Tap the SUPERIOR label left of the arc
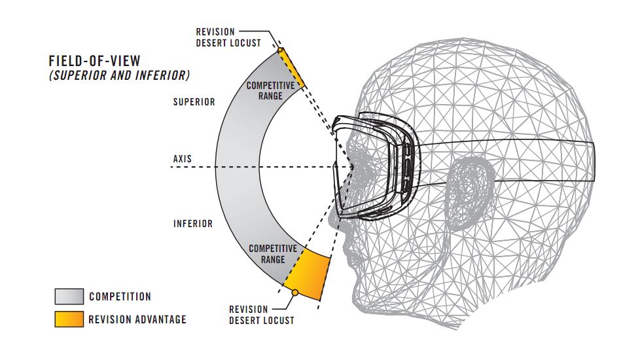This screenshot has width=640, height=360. click(x=194, y=102)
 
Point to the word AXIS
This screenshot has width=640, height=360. click(x=184, y=159)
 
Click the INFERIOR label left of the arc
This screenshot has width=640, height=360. click(x=193, y=224)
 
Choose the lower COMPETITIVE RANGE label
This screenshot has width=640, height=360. click(x=273, y=254)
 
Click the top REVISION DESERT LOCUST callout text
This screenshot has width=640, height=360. click(x=228, y=37)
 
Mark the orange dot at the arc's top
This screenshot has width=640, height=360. click(x=280, y=50)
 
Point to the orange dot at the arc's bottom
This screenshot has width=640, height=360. click(x=295, y=293)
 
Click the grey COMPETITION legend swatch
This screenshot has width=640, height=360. click(x=69, y=297)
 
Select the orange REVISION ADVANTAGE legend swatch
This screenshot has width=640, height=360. click(x=69, y=319)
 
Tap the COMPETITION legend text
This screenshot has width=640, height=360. click(x=120, y=297)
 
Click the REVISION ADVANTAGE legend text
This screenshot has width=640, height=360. click(x=137, y=319)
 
